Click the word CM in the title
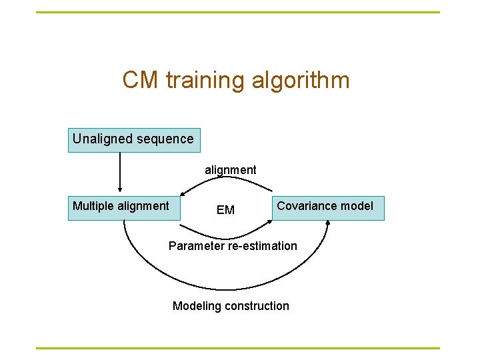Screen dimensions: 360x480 (141, 81)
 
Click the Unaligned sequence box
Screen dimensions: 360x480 (133, 140)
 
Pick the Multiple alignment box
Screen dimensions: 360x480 (124, 208)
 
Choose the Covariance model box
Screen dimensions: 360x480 (327, 208)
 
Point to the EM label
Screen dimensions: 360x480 (225, 210)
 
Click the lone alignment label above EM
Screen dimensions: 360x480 (230, 170)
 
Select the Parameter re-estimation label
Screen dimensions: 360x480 (233, 246)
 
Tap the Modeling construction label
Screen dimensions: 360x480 (231, 306)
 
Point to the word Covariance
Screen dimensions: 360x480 (307, 206)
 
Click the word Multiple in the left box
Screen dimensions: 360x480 (93, 206)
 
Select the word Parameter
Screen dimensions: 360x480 (196, 246)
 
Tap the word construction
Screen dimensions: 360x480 (256, 306)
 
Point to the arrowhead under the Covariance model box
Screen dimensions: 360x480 (328, 225)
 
